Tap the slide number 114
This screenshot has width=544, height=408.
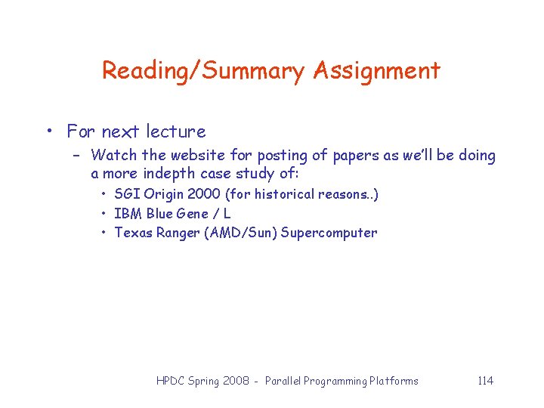pos(485,381)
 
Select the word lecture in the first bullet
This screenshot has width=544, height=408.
pos(175,131)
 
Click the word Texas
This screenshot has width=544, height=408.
pos(133,233)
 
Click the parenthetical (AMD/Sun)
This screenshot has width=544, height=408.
pos(240,233)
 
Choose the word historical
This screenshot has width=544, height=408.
pos(284,194)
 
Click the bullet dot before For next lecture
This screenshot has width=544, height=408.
pos(48,132)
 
